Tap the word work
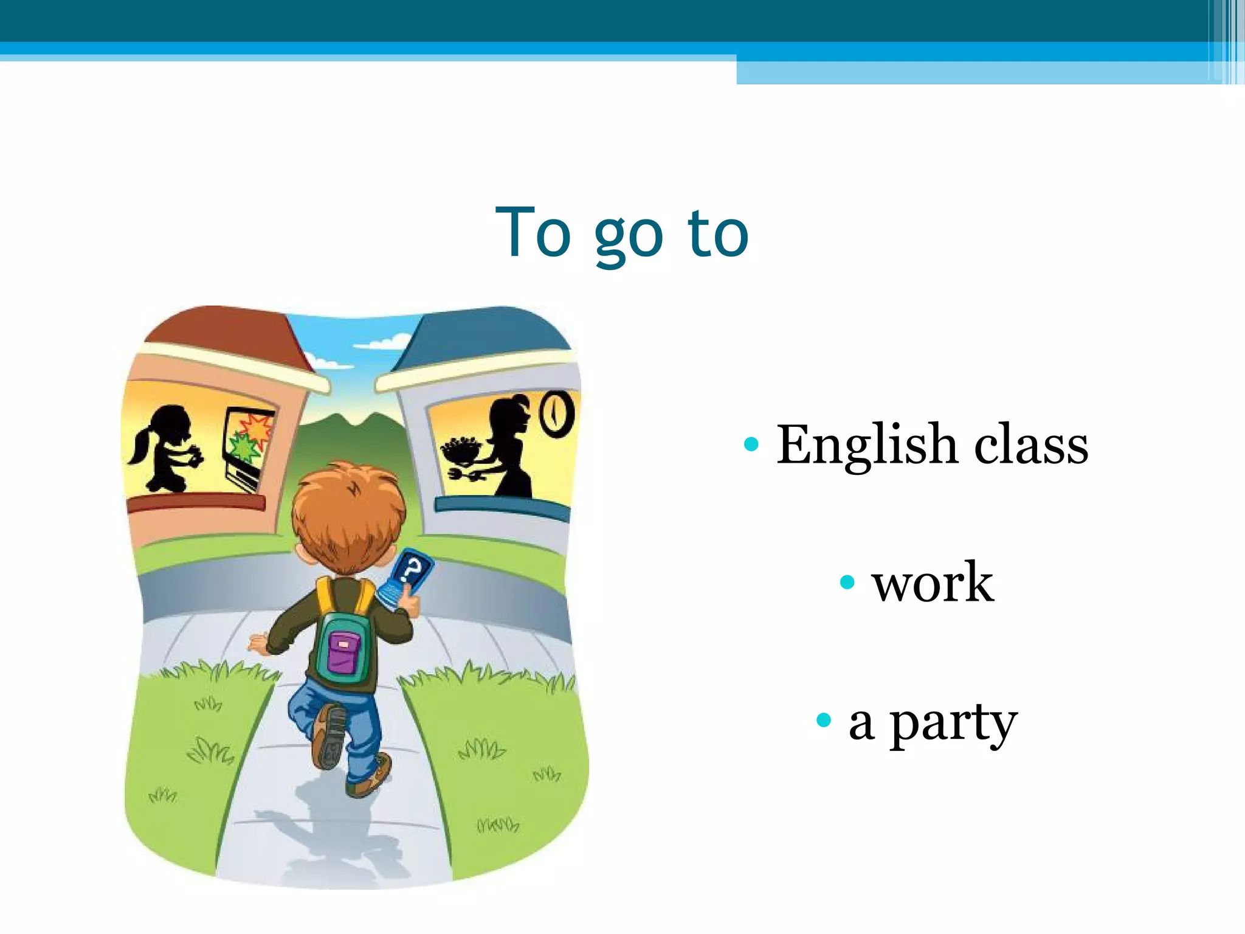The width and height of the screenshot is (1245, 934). tap(933, 583)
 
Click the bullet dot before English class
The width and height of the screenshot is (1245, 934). tap(751, 445)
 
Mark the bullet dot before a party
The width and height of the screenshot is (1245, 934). tap(823, 721)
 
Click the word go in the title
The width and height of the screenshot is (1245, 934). tap(628, 236)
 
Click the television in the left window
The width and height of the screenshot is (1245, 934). tap(248, 447)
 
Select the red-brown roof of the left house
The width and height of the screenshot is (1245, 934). tap(225, 334)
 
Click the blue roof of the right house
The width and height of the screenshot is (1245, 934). tap(486, 334)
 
